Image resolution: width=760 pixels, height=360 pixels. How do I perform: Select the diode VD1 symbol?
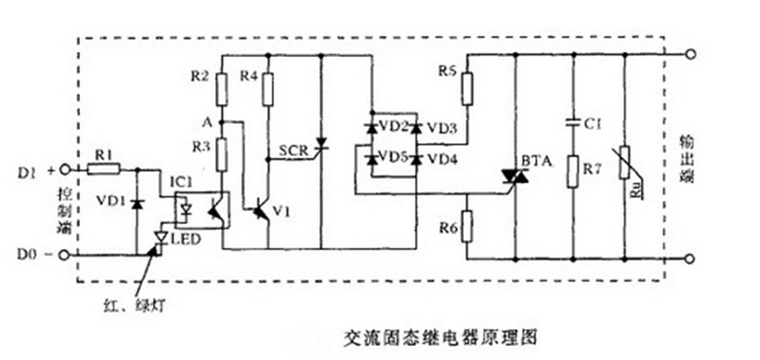click(136, 204)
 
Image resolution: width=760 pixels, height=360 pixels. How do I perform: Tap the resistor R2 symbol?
click(223, 88)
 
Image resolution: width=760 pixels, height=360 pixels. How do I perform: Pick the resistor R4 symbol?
click(268, 88)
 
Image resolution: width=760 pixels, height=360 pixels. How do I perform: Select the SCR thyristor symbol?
click(322, 143)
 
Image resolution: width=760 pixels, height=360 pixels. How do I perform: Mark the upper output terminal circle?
click(693, 54)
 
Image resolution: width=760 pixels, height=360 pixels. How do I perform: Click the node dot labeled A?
click(223, 121)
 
